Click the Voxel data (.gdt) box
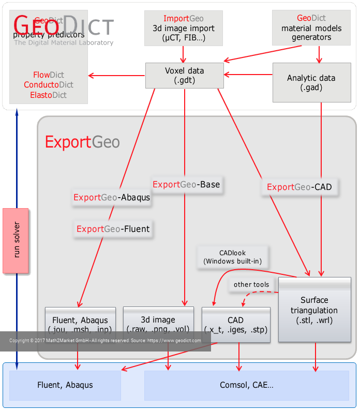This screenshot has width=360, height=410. (184, 76)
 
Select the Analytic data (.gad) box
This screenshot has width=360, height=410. (311, 82)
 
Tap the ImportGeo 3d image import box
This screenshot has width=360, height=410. (184, 28)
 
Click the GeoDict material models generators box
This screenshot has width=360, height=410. (311, 28)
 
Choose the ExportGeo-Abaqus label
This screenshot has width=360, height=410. (112, 197)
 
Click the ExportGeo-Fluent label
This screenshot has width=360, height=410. (113, 229)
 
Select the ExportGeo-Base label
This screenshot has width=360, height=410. (186, 184)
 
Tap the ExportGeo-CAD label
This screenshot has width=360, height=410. (299, 187)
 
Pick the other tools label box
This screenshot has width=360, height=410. (251, 284)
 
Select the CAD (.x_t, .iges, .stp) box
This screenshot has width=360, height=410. (236, 325)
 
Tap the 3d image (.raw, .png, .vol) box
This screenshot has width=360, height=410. (158, 324)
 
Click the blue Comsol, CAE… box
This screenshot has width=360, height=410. (246, 385)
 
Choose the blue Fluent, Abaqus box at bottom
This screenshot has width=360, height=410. (65, 385)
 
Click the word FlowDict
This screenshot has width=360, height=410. (49, 75)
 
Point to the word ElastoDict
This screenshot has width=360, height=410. (49, 95)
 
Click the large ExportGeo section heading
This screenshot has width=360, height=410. (82, 142)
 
